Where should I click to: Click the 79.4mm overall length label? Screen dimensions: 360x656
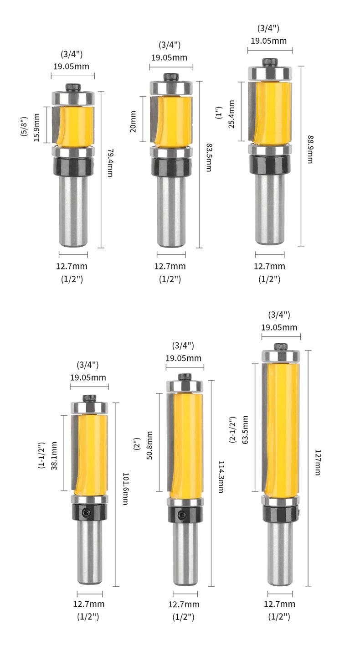(110, 163)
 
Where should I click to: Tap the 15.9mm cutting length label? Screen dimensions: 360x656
(36, 128)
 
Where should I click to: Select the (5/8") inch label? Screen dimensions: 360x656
(24, 126)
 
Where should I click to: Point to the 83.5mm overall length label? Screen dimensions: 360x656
(209, 157)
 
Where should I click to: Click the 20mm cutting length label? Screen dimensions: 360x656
(133, 121)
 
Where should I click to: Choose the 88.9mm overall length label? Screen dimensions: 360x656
(310, 150)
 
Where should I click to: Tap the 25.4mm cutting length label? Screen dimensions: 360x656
(231, 114)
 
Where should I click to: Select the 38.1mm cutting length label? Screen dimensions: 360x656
(54, 456)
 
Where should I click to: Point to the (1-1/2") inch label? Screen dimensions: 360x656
(41, 455)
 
